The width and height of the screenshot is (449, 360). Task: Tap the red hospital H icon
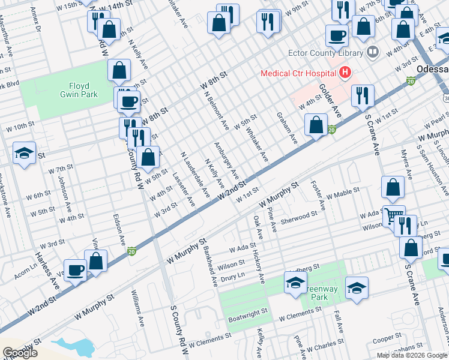[x=345, y=73]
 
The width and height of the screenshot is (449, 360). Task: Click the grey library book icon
[x=373, y=52]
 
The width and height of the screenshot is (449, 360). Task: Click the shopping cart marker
[x=394, y=215]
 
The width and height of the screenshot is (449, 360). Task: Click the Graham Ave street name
[x=287, y=128]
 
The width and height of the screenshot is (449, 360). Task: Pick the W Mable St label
[x=343, y=194]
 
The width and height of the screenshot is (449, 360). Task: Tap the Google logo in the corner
[x=20, y=353]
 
